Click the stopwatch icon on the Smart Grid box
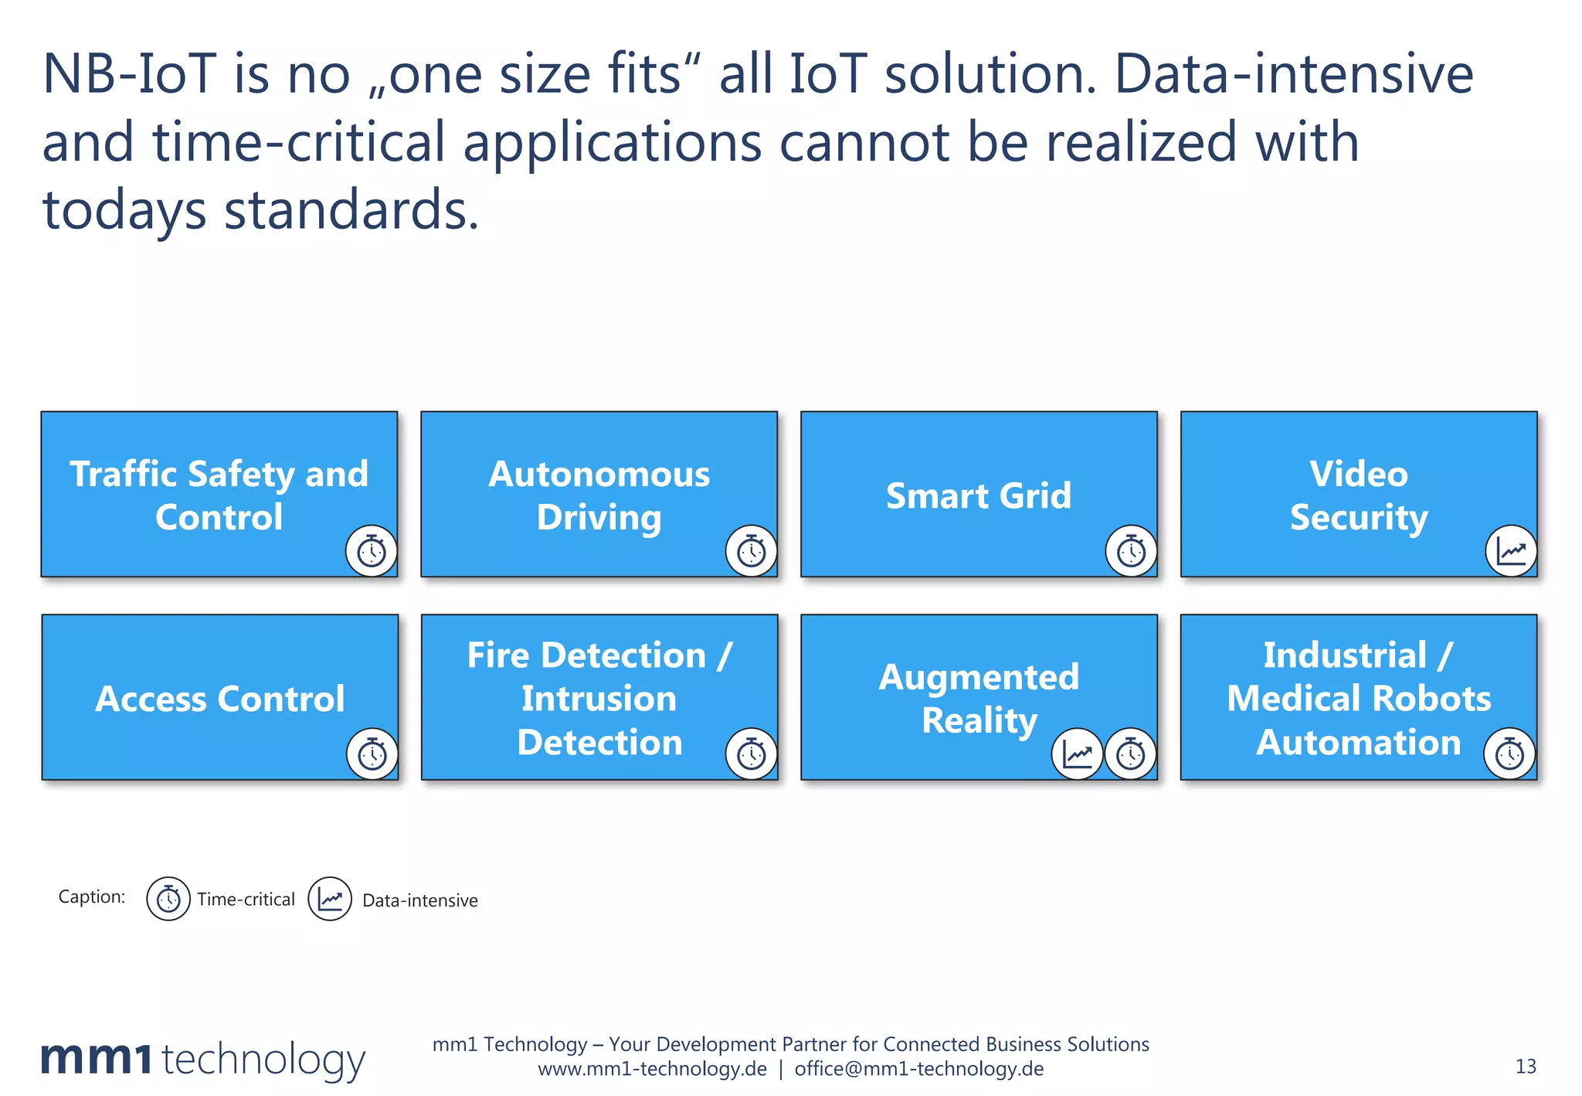pyautogui.click(x=1131, y=551)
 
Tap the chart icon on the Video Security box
pyautogui.click(x=1511, y=551)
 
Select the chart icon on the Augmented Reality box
pyautogui.click(x=1077, y=754)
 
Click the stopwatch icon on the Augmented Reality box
pyautogui.click(x=1131, y=754)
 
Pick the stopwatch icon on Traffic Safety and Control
pyautogui.click(x=372, y=551)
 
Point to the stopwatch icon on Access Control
pyautogui.click(x=372, y=754)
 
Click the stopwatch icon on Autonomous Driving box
pyautogui.click(x=751, y=551)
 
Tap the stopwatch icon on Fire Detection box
pyautogui.click(x=751, y=754)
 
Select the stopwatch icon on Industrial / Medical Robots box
pyautogui.click(x=1509, y=754)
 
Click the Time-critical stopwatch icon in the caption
pyautogui.click(x=168, y=899)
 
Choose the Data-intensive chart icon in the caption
pyautogui.click(x=330, y=899)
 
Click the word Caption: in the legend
pyautogui.click(x=91, y=897)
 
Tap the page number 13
pyautogui.click(x=1526, y=1067)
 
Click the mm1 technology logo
pyautogui.click(x=202, y=1059)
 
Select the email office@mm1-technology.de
pyautogui.click(x=918, y=1069)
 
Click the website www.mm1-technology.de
pyautogui.click(x=652, y=1069)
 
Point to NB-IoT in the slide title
pyautogui.click(x=128, y=75)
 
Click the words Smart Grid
pyautogui.click(x=979, y=495)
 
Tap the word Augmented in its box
pyautogui.click(x=979, y=677)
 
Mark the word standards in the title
pyautogui.click(x=351, y=210)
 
